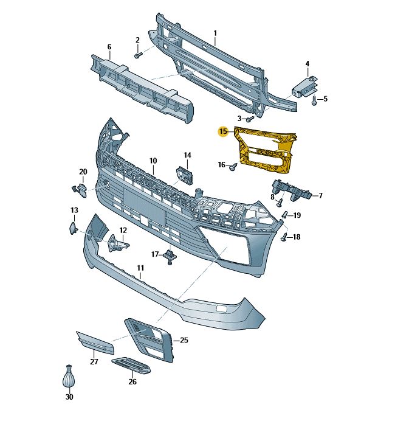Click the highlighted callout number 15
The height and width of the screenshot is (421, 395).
[x=223, y=131]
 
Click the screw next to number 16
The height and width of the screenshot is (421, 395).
[x=233, y=167]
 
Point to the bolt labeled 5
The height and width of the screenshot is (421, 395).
[x=314, y=101]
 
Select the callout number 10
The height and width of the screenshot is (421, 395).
[x=153, y=161]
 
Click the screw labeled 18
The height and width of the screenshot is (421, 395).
[x=284, y=237]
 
